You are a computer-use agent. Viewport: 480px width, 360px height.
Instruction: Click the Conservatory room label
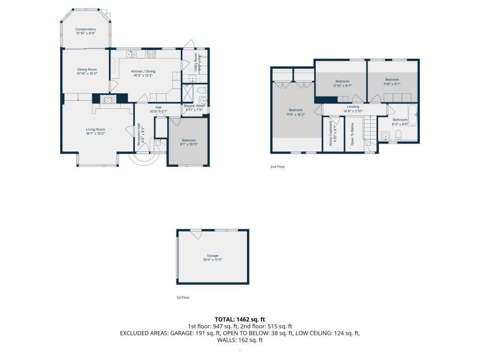85,29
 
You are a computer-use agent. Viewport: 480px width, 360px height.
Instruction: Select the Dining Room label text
86,69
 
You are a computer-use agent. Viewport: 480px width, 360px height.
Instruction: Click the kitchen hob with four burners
151,53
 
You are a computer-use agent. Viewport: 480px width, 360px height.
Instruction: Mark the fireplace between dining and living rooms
109,99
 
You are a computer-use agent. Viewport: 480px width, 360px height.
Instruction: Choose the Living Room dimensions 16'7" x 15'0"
96,134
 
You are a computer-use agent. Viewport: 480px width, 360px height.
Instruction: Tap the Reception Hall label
139,134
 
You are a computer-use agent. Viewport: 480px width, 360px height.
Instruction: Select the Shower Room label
194,106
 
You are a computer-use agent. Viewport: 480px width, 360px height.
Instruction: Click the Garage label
212,255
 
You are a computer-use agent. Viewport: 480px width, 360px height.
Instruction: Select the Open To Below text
353,134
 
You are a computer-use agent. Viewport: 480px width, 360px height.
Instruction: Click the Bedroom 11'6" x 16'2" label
297,112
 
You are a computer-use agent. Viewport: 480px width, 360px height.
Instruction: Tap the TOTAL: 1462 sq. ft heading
239,318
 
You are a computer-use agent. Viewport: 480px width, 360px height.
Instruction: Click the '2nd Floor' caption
277,167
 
